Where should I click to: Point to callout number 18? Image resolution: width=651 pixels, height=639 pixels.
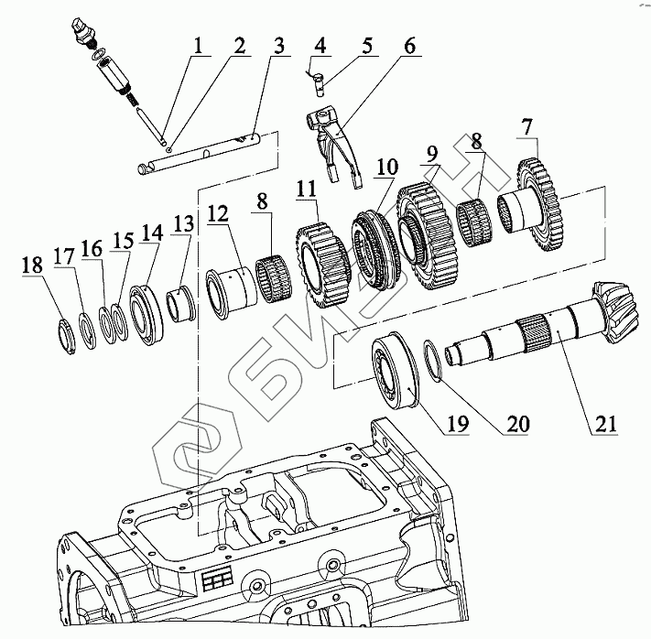coord(32,266)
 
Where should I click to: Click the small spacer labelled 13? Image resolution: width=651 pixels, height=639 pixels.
coord(182,302)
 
